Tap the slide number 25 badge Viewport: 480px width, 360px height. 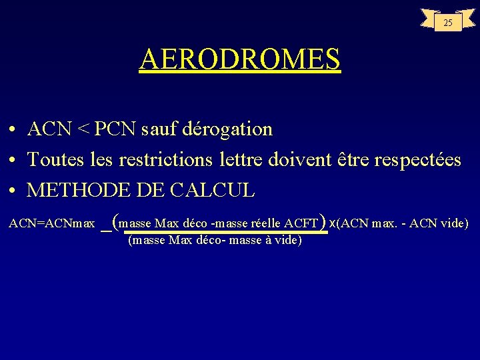pos(448,23)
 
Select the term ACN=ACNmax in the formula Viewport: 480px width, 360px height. pos(51,223)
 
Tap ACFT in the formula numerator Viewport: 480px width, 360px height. pos(301,223)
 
